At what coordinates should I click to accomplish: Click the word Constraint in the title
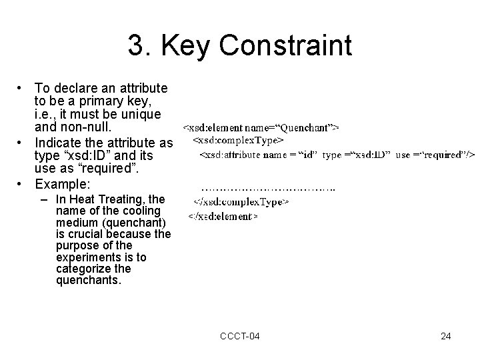[x=285, y=46]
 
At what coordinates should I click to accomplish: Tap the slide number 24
[x=445, y=336]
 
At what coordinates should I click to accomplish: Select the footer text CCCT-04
[x=240, y=336]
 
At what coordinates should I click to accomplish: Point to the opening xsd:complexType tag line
[x=239, y=140]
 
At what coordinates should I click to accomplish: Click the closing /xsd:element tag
[x=223, y=216]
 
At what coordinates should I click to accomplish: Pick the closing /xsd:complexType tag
[x=241, y=201]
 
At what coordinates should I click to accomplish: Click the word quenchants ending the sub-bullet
[x=86, y=281]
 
